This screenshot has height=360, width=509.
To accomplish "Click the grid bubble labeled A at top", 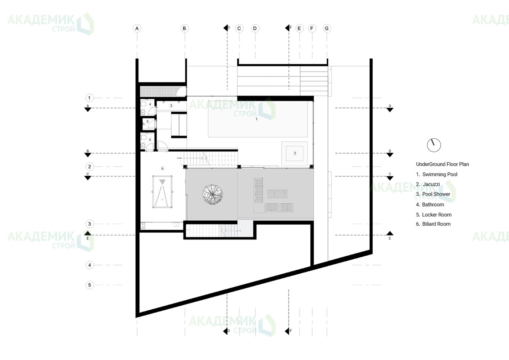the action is click(137, 28).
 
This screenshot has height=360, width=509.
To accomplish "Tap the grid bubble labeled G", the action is click(327, 28).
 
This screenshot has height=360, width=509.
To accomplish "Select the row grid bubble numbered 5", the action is click(90, 285).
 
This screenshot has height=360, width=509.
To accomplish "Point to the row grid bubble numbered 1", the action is click(89, 98).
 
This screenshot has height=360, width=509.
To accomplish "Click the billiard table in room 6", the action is click(162, 192).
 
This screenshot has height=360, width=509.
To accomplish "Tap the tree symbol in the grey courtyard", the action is click(213, 194).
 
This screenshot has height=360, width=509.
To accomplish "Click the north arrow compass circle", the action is click(434, 145).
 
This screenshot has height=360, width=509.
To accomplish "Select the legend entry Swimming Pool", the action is click(436, 175).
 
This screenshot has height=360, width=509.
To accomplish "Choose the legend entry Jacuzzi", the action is click(428, 184).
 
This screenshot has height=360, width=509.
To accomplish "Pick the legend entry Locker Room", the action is click(433, 215).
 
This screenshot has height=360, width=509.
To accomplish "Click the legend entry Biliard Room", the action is click(433, 224).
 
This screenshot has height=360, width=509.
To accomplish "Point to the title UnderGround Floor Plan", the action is click(442, 164).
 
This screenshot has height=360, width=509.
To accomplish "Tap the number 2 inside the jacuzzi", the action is click(295, 153).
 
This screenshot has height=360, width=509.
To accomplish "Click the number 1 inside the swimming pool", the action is click(256, 119).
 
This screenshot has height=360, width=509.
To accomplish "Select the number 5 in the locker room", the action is click(147, 121).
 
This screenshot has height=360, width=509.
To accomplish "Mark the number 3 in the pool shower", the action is click(171, 105).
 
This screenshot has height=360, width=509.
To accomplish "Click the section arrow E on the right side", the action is click(390, 233).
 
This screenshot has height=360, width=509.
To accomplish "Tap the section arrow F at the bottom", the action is click(287, 331).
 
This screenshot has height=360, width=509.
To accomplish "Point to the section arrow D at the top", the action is click(226, 28).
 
